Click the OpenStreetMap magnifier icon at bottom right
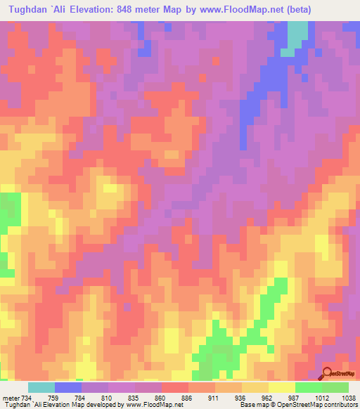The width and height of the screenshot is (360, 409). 328,372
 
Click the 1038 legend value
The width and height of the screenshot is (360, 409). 349,398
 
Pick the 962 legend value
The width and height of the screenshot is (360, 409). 268,398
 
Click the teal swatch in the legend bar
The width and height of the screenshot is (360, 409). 41,387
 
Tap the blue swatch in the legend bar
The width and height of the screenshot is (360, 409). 68,387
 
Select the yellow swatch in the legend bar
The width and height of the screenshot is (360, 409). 282,387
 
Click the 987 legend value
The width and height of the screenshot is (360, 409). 295,398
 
